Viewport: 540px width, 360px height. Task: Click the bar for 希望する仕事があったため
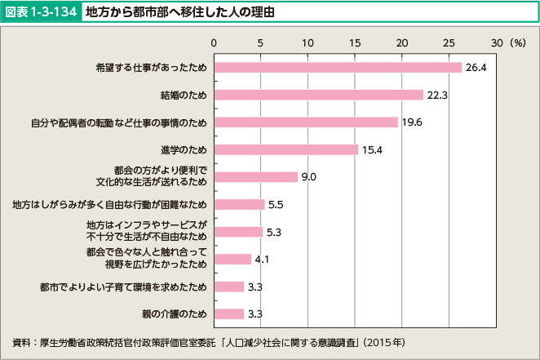point(338,67)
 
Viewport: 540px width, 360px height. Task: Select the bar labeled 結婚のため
point(318,95)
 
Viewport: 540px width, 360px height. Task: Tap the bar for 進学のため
point(285,149)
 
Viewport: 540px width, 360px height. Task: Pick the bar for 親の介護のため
point(228,313)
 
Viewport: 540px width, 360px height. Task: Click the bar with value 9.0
point(255,176)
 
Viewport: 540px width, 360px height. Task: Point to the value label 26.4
point(476,67)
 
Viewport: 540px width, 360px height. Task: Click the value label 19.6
point(412,122)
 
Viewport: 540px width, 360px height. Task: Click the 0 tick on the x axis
point(214,42)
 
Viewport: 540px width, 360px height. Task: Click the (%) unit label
point(517,42)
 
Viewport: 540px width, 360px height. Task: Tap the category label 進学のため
point(184,149)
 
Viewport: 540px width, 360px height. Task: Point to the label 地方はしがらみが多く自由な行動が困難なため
point(111,204)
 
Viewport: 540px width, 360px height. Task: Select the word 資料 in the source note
point(23,340)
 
